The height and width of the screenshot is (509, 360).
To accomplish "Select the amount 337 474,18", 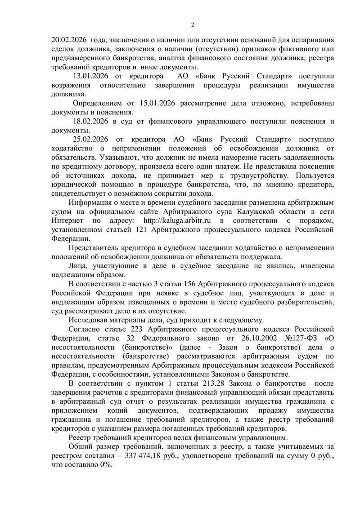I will pos(153,456).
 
